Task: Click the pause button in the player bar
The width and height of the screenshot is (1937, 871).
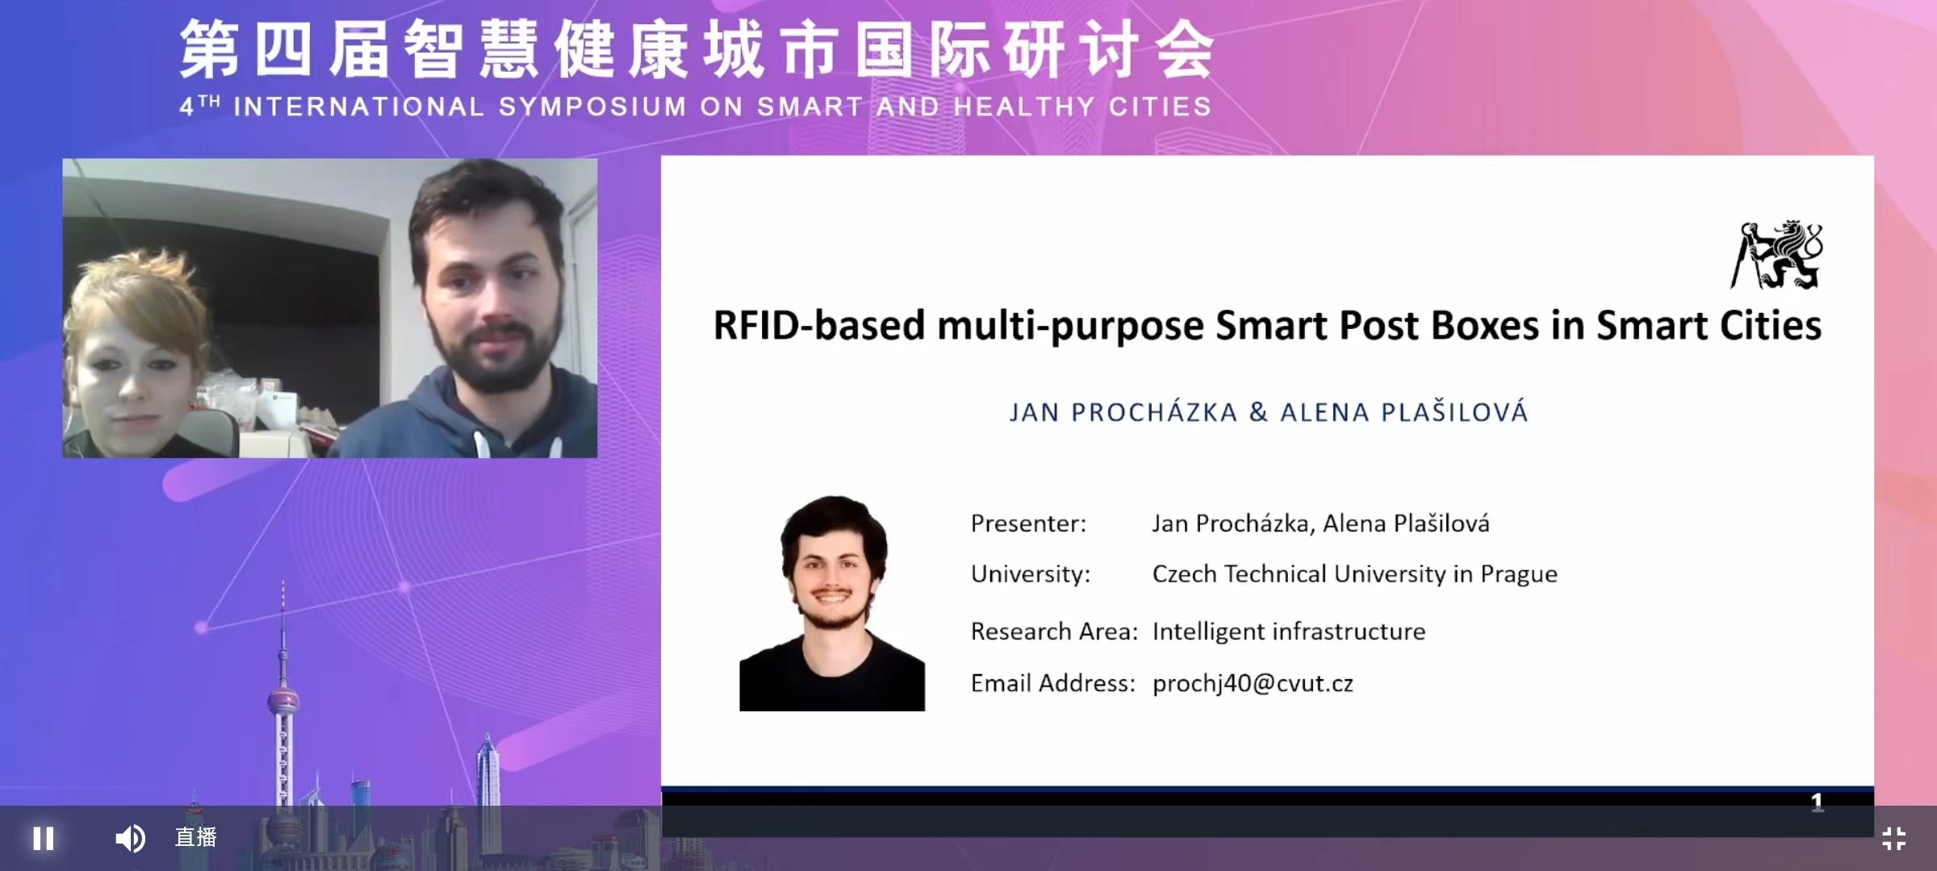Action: [x=44, y=839]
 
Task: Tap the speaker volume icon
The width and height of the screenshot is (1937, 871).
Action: [x=130, y=839]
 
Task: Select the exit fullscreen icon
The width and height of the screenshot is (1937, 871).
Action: [x=1893, y=839]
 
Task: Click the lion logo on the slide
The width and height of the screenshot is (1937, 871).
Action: [x=1776, y=254]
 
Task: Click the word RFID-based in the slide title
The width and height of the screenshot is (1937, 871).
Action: [x=818, y=326]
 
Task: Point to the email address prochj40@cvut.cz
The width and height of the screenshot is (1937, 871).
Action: [x=1253, y=684]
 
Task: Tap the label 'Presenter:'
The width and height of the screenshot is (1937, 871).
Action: [x=1028, y=523]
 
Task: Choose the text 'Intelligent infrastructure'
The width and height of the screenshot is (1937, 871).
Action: [x=1289, y=631]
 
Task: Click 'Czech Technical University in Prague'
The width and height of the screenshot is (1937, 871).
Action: [x=1355, y=574]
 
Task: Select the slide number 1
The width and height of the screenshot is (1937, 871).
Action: [x=1817, y=801]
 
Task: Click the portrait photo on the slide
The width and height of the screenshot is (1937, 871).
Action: [x=832, y=603]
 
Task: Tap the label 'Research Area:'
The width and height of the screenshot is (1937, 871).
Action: [x=1054, y=631]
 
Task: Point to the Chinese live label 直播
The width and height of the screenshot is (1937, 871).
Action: [x=196, y=837]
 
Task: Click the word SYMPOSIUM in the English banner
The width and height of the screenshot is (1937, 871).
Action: [x=592, y=106]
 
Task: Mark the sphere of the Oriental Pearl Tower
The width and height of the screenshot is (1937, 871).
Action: [x=283, y=701]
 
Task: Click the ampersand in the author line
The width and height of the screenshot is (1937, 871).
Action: [x=1258, y=412]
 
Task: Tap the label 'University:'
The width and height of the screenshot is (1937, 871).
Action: [x=1031, y=574]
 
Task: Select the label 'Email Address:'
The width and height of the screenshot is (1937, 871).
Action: [x=1052, y=684]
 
